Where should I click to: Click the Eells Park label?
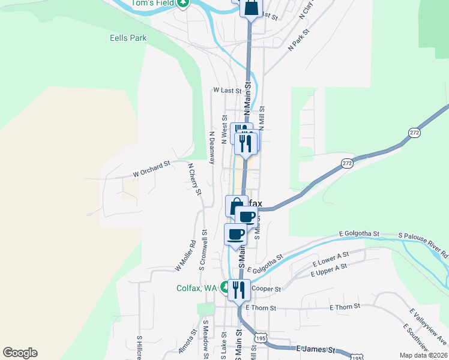128,38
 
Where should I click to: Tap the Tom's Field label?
152,3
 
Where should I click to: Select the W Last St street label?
227,91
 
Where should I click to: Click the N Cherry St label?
194,179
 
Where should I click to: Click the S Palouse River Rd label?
423,245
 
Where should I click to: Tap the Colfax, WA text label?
196,288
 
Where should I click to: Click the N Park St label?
298,39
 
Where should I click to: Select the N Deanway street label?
211,148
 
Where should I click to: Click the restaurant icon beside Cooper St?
239,290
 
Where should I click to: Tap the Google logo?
20,353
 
